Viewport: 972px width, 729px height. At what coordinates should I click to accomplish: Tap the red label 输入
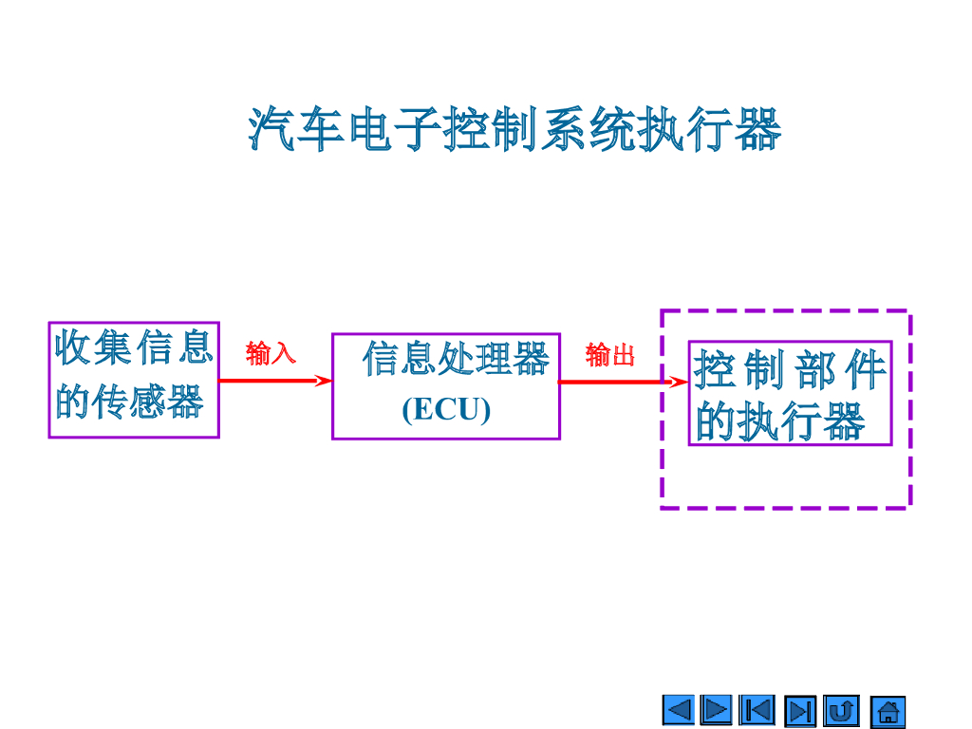(x=271, y=354)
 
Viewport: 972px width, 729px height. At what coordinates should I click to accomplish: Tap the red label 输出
(x=609, y=355)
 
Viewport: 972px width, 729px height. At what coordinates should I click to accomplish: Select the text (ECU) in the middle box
(x=446, y=409)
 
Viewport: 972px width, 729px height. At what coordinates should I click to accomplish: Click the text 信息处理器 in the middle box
(x=456, y=360)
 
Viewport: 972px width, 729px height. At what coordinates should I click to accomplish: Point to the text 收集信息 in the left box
(x=134, y=347)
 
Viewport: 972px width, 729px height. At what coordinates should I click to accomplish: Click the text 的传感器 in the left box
(x=129, y=402)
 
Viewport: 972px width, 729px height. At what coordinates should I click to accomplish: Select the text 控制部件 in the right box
(x=790, y=370)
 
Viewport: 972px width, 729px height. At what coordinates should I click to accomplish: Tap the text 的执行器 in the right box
(x=780, y=421)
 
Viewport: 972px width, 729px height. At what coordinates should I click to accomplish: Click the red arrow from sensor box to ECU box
(x=271, y=381)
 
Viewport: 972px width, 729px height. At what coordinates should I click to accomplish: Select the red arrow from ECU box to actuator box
(x=617, y=382)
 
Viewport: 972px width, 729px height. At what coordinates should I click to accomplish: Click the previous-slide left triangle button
(x=679, y=710)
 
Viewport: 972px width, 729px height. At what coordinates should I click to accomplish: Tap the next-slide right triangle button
(x=716, y=710)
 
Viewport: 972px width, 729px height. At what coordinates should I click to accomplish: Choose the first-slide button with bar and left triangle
(x=757, y=710)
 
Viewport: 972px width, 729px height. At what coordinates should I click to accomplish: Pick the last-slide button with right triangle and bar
(x=800, y=711)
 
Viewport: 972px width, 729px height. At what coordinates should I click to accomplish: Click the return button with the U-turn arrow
(x=841, y=710)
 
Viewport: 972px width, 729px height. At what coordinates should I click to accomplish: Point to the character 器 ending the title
(x=757, y=130)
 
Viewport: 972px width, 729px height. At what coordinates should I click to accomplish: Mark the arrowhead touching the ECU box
(x=324, y=381)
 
